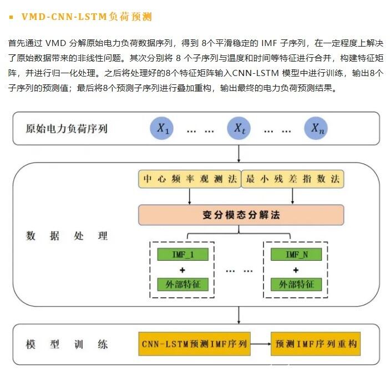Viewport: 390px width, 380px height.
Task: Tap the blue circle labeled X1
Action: [163, 129]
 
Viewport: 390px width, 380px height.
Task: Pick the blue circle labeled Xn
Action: [316, 129]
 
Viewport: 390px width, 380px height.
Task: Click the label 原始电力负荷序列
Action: [67, 129]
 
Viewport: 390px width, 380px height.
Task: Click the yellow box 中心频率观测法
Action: [190, 180]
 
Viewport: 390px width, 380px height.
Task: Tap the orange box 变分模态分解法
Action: [241, 215]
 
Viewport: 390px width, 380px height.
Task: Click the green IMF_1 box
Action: [183, 255]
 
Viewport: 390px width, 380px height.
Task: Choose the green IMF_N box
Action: [296, 255]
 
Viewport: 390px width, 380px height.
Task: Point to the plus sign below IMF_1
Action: [183, 270]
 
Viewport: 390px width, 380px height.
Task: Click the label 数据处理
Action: [67, 236]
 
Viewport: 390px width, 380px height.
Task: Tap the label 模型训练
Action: [67, 344]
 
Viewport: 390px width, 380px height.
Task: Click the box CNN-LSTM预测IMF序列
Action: [194, 344]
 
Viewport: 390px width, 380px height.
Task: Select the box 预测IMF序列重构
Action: [315, 344]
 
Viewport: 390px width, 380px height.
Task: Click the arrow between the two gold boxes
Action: [261, 344]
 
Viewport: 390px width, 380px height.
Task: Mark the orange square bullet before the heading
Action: [11, 17]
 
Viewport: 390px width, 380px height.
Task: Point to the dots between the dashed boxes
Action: [240, 271]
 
